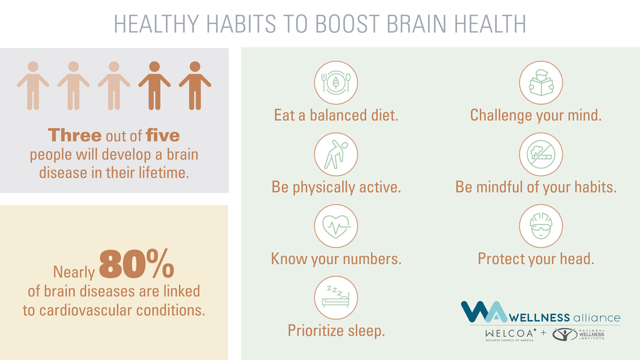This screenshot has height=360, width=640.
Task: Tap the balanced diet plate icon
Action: pos(336,83)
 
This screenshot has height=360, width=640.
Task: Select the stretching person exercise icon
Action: pos(336,154)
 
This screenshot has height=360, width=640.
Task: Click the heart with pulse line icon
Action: pos(336,226)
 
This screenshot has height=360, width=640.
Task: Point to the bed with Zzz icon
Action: pos(336,298)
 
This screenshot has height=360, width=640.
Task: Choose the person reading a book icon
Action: pos(541,83)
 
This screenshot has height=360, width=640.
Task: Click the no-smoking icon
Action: pos(541,154)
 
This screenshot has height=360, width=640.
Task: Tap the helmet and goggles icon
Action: pos(541,226)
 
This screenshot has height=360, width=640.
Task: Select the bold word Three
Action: pos(75,135)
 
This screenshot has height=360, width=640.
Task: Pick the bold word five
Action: pos(163,135)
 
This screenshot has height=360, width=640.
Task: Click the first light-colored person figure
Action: pos(33,86)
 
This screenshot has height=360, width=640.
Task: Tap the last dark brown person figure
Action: pos(195,86)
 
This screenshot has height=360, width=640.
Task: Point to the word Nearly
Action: pos(74,272)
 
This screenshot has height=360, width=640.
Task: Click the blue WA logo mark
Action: pos(484,312)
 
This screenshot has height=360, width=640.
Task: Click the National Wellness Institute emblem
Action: pos(565,334)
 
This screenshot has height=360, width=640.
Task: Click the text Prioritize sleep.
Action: pos(336,331)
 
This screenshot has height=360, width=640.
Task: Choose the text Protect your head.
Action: pos(536,259)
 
